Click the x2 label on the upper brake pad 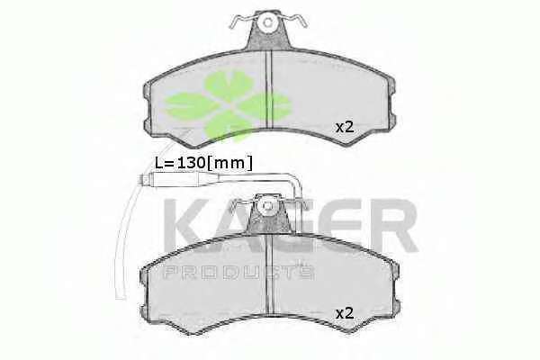345,128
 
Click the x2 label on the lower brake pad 345,313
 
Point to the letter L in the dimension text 158,162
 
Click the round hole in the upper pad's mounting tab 267,23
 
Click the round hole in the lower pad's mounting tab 267,206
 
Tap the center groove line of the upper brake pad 268,89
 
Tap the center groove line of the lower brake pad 270,274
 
